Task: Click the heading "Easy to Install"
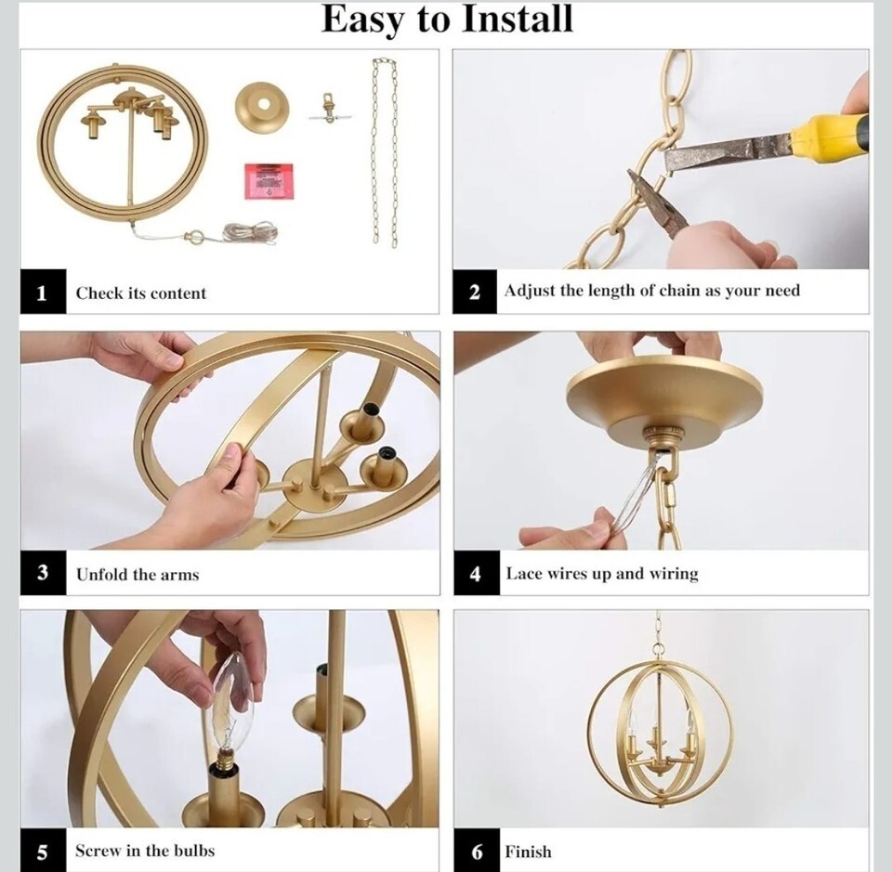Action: (447, 20)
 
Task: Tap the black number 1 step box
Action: (44, 292)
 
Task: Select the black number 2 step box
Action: (475, 291)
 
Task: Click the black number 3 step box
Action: (44, 572)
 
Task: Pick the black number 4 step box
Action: (477, 573)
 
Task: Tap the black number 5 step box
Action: (44, 851)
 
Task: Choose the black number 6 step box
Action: (477, 851)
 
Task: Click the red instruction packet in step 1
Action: (269, 181)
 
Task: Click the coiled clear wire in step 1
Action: (250, 232)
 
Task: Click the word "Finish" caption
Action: (528, 852)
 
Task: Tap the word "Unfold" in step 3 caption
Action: (102, 574)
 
